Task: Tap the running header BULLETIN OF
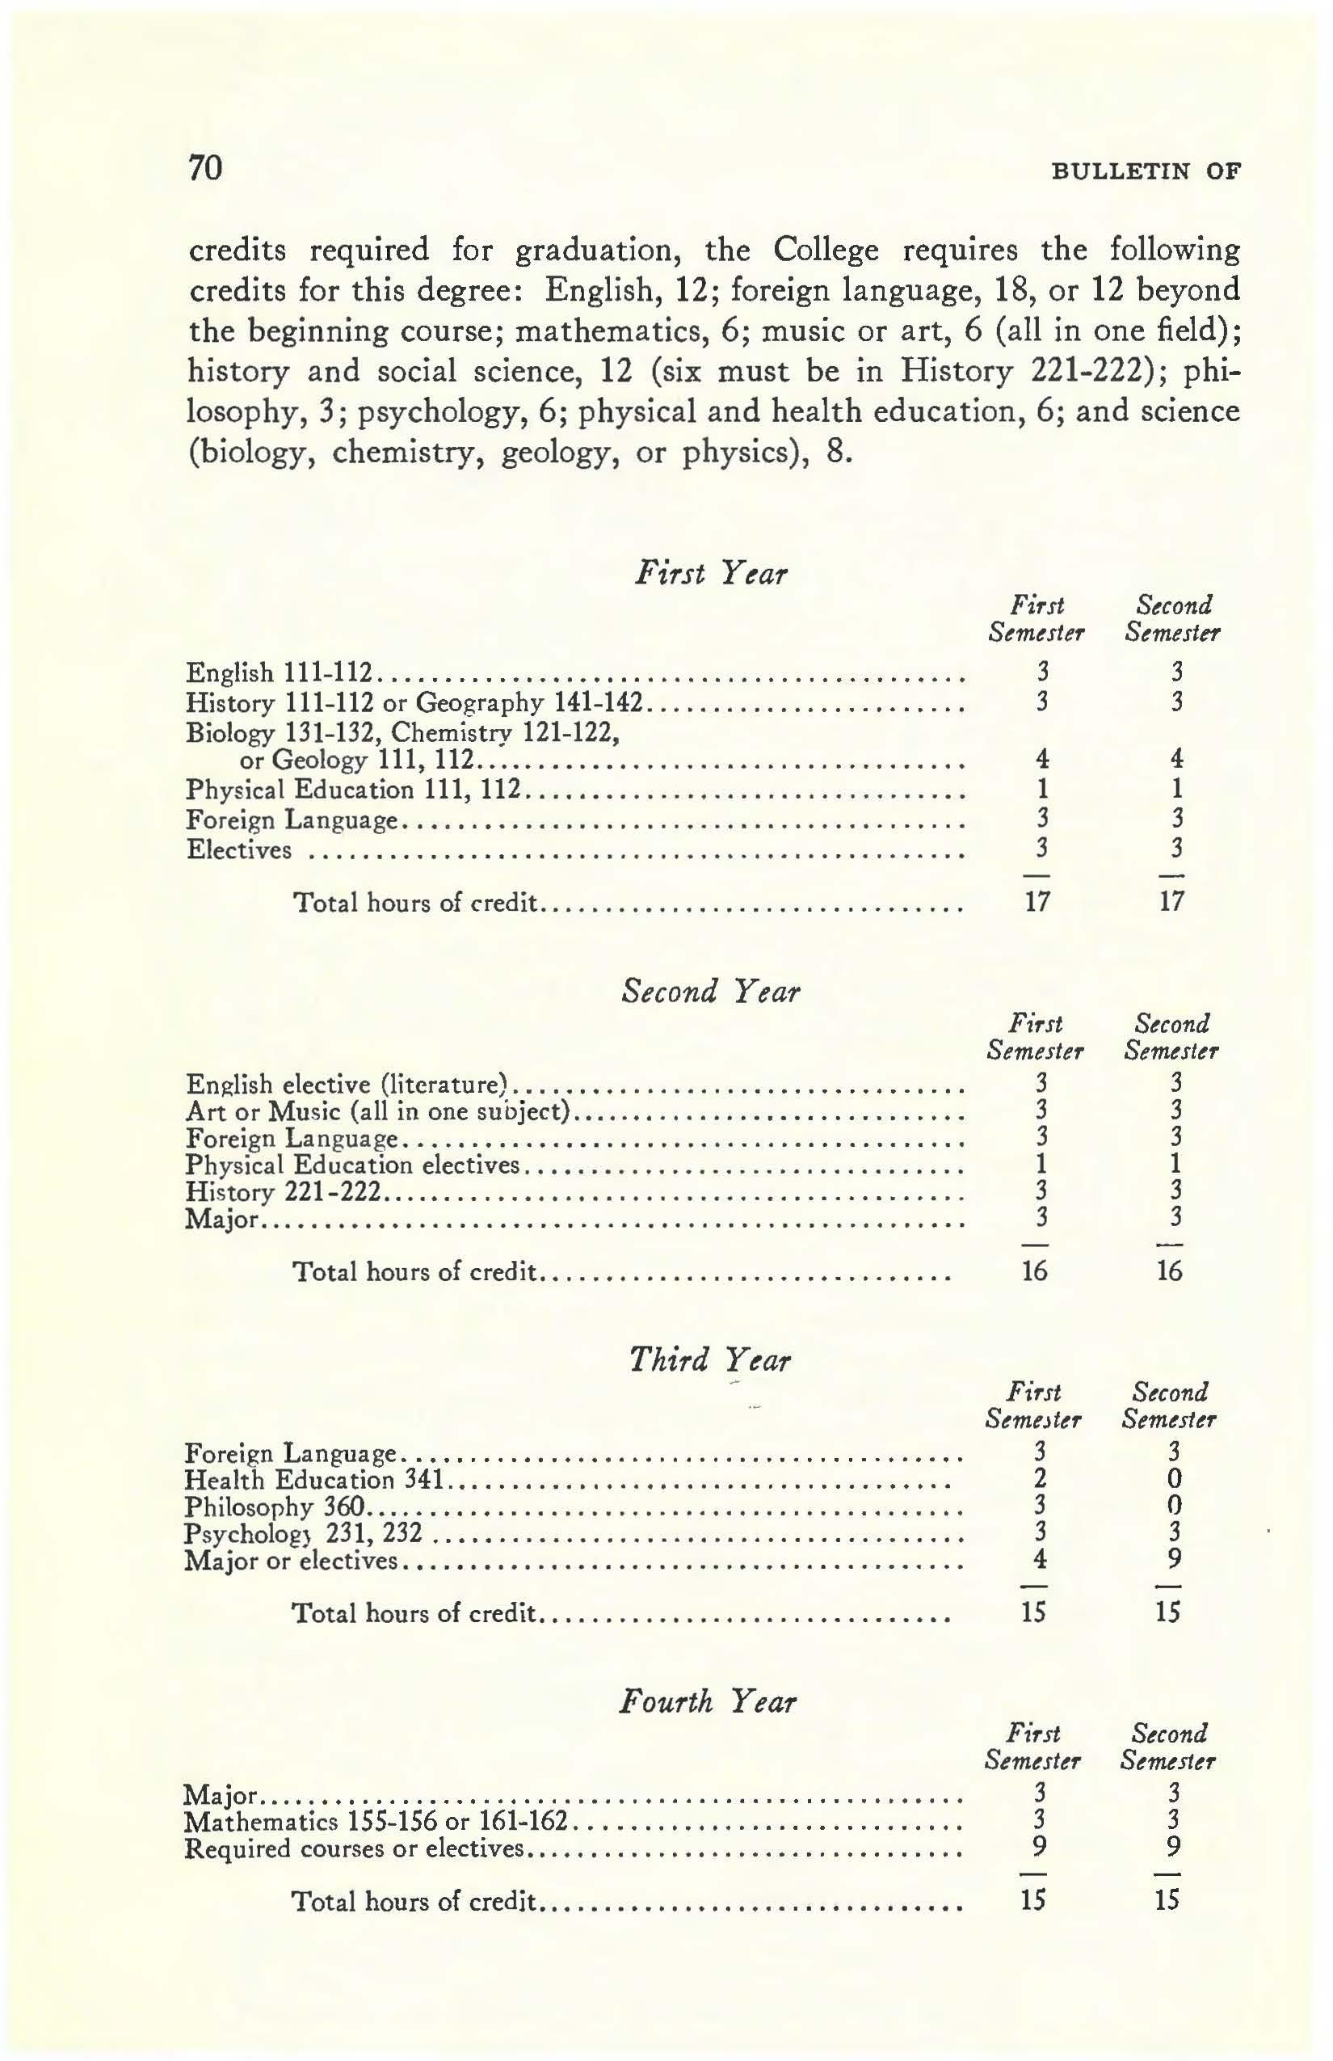tap(1146, 171)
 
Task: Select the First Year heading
tap(711, 573)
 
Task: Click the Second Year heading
tap(711, 991)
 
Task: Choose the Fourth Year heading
tap(707, 1701)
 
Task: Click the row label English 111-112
tap(280, 672)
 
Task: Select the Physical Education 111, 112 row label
tap(353, 790)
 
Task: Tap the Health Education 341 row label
tap(315, 1480)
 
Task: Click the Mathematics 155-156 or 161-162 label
tap(376, 1821)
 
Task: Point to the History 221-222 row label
tap(283, 1192)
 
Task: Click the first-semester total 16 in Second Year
tap(1034, 1271)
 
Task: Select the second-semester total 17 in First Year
tap(1171, 901)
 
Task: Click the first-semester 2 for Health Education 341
tap(1041, 1478)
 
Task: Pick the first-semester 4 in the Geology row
tap(1042, 760)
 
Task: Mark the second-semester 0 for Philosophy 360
tap(1175, 1506)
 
